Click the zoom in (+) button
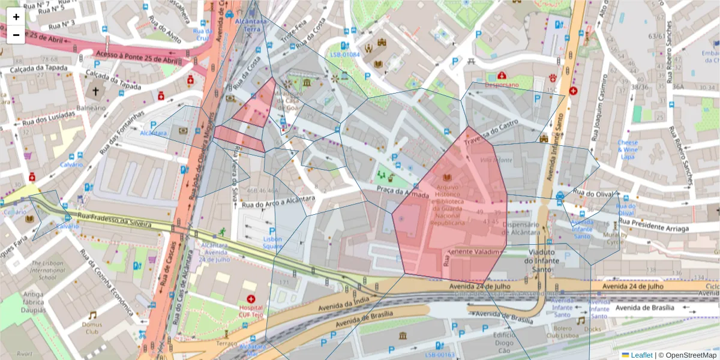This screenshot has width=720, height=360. click(x=16, y=17)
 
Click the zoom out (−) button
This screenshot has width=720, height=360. click(x=16, y=35)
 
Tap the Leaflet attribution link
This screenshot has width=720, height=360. click(x=641, y=355)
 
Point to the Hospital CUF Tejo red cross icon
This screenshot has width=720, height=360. click(x=251, y=299)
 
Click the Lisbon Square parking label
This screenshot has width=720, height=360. click(x=272, y=242)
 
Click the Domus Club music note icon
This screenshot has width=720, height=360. click(x=92, y=315)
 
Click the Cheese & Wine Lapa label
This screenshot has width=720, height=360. click(x=628, y=149)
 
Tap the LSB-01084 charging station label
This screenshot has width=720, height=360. click(x=345, y=55)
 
